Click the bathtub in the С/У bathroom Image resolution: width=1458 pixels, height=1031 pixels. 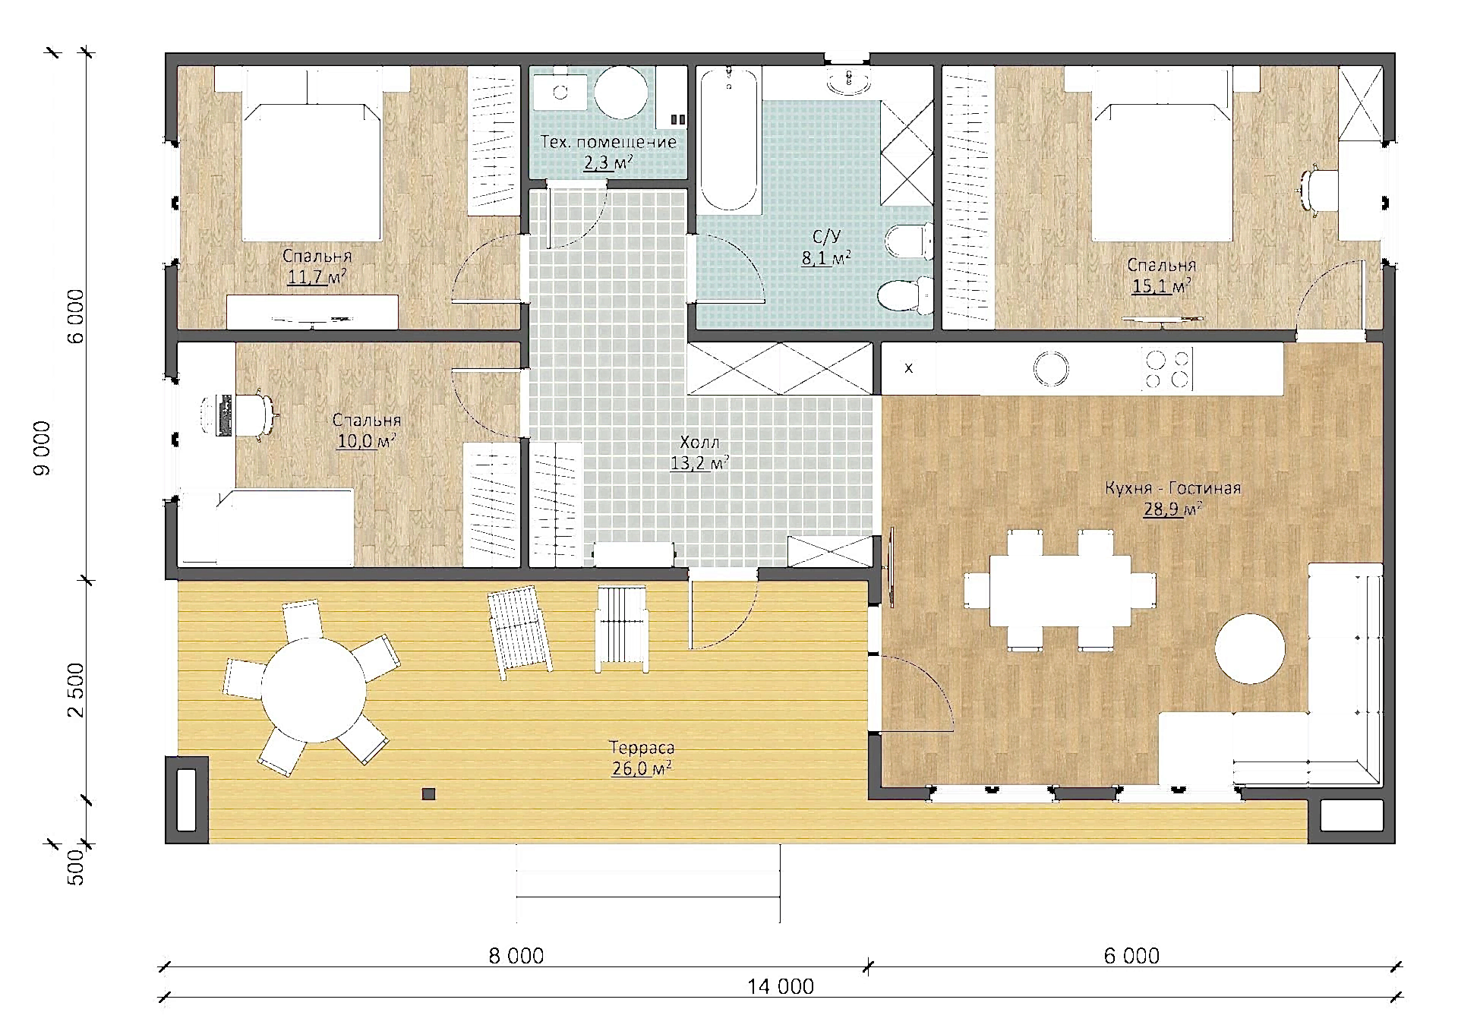point(729,139)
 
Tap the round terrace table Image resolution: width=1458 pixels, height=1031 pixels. point(314,690)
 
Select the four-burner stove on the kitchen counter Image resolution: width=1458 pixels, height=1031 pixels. point(1167,369)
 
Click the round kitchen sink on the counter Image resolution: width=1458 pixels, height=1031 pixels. point(1051,368)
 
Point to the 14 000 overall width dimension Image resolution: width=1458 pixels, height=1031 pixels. point(780,986)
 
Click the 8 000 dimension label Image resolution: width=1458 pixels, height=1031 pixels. point(516,956)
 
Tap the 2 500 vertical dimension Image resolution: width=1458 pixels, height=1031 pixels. point(76,689)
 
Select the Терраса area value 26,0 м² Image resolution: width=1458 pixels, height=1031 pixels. point(642,768)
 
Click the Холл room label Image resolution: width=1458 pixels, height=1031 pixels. point(699,442)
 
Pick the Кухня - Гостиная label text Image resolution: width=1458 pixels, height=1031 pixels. point(1172,487)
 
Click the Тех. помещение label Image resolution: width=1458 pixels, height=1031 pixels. point(608,142)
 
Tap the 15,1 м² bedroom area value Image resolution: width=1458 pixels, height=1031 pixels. point(1161,286)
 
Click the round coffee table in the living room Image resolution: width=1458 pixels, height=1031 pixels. point(1249,649)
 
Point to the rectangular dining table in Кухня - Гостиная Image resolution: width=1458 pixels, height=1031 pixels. point(1060,590)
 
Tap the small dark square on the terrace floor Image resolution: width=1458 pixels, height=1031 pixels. point(428,794)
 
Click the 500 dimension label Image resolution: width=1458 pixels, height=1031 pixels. point(76,867)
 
